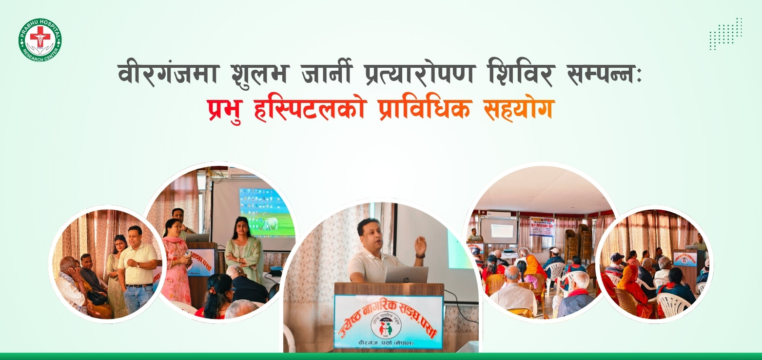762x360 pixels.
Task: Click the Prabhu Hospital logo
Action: click(40, 40)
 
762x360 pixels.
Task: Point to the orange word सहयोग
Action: click(518, 109)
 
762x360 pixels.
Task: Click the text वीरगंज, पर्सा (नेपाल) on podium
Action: click(389, 343)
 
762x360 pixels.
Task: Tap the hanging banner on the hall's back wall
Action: click(542, 226)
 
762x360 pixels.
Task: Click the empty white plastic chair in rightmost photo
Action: click(676, 305)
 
